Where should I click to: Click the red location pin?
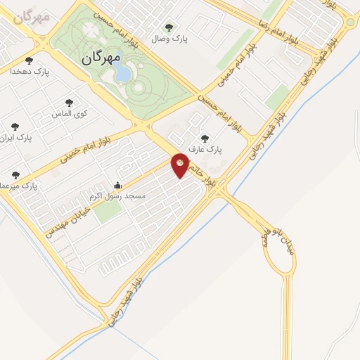[181, 165]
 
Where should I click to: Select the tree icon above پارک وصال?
[168, 28]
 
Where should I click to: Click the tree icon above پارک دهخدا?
[29, 60]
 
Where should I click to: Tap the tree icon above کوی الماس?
[68, 103]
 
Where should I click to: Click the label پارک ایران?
[17, 138]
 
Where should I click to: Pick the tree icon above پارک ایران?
[15, 127]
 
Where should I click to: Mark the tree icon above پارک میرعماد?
[15, 175]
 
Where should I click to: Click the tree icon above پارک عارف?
[205, 139]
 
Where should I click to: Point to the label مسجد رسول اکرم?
[119, 196]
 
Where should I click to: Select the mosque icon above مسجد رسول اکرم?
[117, 186]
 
